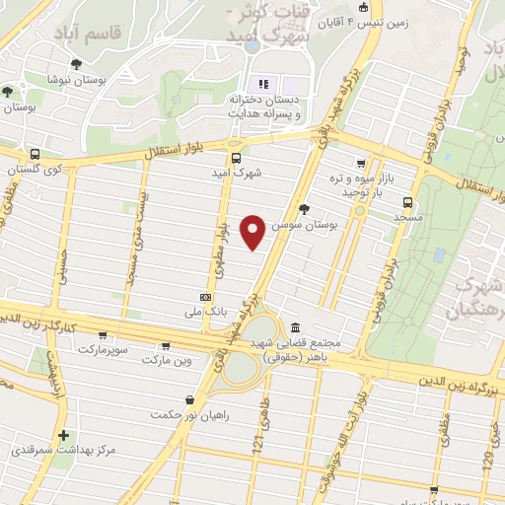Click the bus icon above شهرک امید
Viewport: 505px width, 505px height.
tap(235, 158)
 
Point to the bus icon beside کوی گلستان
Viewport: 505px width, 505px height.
tap(36, 155)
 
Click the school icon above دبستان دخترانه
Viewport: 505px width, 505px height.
tap(263, 83)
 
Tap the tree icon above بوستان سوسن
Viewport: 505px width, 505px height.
tap(304, 209)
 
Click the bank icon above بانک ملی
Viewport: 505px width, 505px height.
tap(206, 296)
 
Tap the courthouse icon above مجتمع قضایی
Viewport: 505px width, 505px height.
tap(296, 327)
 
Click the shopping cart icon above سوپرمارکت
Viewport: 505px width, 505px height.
tap(103, 335)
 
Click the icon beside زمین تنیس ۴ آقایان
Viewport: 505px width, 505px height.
tap(364, 9)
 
